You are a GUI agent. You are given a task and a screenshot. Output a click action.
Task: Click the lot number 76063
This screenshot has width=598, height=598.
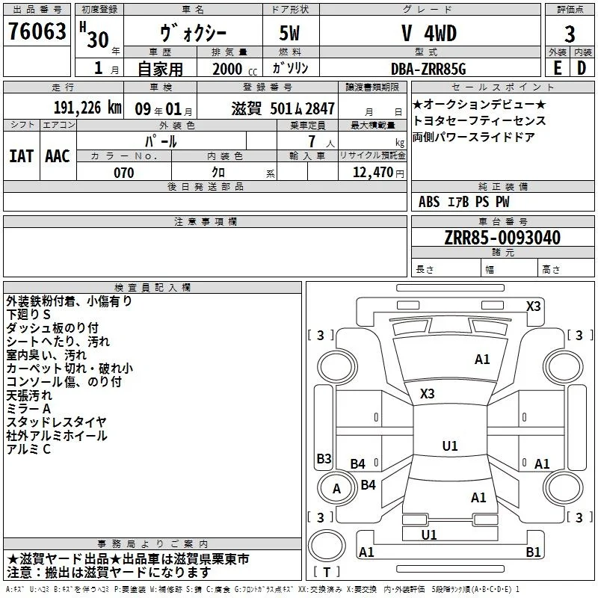[x=37, y=31]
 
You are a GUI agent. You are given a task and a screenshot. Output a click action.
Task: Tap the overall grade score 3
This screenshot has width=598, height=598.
[x=570, y=34]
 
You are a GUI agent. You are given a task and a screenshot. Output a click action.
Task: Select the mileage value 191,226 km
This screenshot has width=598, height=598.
[x=87, y=108]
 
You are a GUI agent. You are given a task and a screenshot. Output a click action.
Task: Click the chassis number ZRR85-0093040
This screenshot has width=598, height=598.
[x=502, y=238]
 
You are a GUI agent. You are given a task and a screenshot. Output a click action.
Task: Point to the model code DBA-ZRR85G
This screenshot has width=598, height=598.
[x=428, y=69]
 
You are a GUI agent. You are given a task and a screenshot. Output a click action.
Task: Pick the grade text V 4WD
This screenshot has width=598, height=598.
[x=429, y=33]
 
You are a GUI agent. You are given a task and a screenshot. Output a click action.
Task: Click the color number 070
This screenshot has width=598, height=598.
[x=123, y=173]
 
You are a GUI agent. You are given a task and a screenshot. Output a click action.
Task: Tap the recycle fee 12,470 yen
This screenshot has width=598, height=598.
[x=378, y=173]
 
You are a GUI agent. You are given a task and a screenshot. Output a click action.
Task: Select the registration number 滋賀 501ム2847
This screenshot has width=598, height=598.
[x=283, y=108]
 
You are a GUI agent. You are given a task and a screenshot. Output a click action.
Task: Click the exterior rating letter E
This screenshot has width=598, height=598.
[x=557, y=68]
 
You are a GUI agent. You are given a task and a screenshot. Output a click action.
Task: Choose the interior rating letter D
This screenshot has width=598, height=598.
[x=582, y=68]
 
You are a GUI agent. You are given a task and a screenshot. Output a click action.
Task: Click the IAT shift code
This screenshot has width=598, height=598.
[x=22, y=156]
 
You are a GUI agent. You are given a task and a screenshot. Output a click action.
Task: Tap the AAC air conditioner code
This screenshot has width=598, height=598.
[x=58, y=156]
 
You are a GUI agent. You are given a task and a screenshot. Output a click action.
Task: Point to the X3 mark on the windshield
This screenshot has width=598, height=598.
[x=427, y=393]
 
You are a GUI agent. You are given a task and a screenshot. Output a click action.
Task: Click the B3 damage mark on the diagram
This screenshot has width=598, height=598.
[x=324, y=458]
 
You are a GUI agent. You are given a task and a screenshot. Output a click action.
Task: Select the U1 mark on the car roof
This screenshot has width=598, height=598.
[x=450, y=446]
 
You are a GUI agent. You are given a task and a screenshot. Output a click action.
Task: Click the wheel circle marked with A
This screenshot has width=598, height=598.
[x=336, y=489]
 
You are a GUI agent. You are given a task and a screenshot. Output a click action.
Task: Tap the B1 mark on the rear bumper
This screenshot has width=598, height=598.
[x=533, y=552]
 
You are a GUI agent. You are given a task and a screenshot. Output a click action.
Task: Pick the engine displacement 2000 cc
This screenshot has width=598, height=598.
[x=235, y=69]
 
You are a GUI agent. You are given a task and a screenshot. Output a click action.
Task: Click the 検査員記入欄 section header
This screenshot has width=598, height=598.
[x=152, y=288]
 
